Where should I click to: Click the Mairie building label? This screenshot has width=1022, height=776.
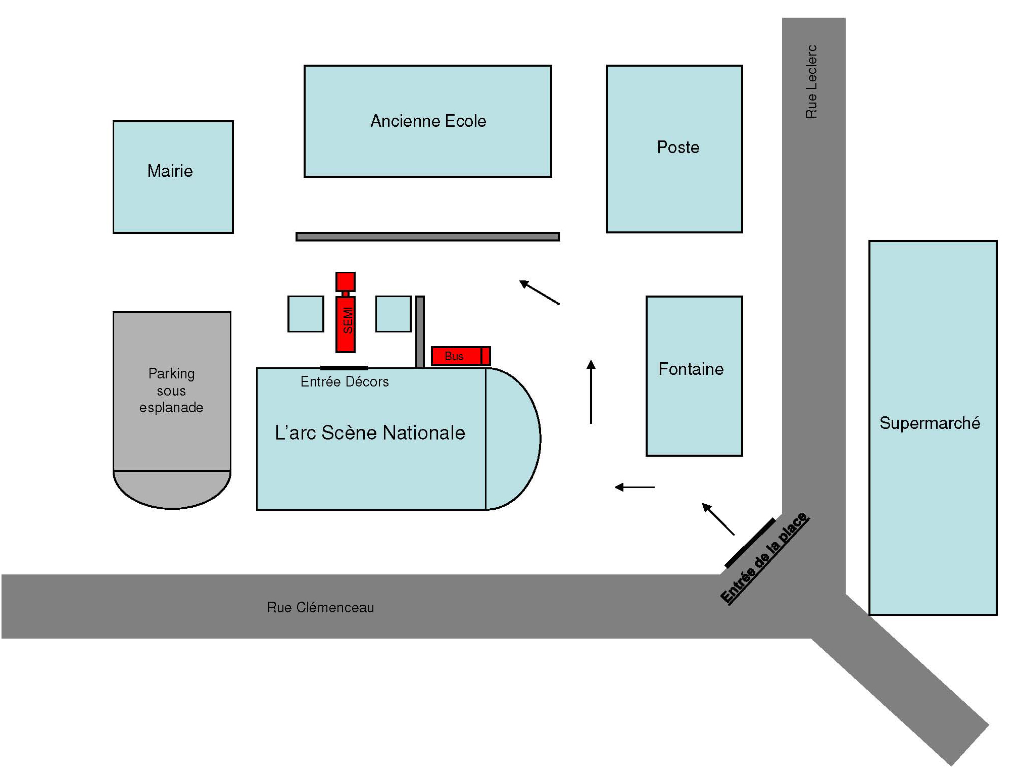170,171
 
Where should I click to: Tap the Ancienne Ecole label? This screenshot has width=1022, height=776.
428,121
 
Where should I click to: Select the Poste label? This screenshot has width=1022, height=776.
678,148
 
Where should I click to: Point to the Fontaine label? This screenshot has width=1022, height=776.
691,369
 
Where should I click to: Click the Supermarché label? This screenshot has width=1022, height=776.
930,423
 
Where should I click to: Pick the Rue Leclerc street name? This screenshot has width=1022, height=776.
811,81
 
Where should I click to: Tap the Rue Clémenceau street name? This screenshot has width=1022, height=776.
320,607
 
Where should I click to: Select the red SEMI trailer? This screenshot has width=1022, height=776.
346,324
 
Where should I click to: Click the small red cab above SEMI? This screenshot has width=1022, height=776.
346,281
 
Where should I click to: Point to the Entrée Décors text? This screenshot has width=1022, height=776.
345,382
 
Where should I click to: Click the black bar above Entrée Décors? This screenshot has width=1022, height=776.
344,368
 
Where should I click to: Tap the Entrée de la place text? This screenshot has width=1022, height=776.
764,558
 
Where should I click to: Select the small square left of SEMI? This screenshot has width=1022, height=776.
306,314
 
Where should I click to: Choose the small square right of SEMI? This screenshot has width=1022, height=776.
393,314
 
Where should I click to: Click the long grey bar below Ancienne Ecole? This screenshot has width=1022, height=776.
427,236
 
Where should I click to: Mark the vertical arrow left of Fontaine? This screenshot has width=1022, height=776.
591,392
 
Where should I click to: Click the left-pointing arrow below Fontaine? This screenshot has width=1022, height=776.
634,487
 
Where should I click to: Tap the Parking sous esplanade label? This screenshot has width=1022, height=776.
171,391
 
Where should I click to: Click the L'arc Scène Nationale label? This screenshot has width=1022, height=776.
370,433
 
